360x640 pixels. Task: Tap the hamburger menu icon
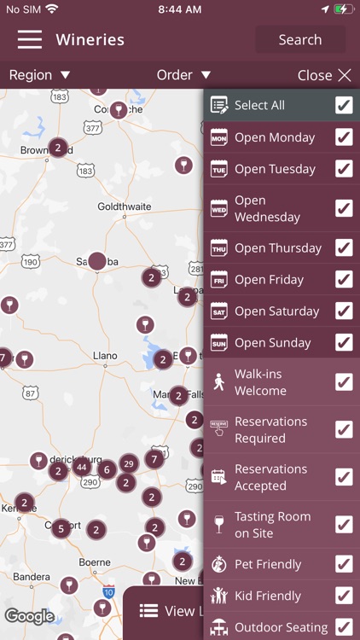[x=30, y=39]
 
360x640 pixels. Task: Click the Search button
[x=300, y=39]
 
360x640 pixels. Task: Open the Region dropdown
[x=39, y=75]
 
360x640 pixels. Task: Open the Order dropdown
[x=183, y=75]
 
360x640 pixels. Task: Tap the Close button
[x=324, y=75]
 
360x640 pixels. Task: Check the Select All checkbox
[x=344, y=105]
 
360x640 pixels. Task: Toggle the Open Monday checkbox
[x=344, y=137]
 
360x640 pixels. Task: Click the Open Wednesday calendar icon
[x=219, y=208]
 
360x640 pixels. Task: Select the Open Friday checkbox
[x=344, y=280]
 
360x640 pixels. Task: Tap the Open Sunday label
[x=272, y=343]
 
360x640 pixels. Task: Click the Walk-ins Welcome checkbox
[x=344, y=382]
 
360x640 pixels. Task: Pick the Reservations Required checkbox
[x=344, y=429]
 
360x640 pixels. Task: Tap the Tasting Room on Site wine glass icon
[x=219, y=524]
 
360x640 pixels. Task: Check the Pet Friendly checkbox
[x=344, y=564]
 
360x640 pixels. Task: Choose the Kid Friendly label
[x=268, y=596]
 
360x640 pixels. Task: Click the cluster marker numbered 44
[x=81, y=467]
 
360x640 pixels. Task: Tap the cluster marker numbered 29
[x=129, y=463]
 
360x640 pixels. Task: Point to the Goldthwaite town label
[x=125, y=207]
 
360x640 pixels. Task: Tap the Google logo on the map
[x=30, y=616]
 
